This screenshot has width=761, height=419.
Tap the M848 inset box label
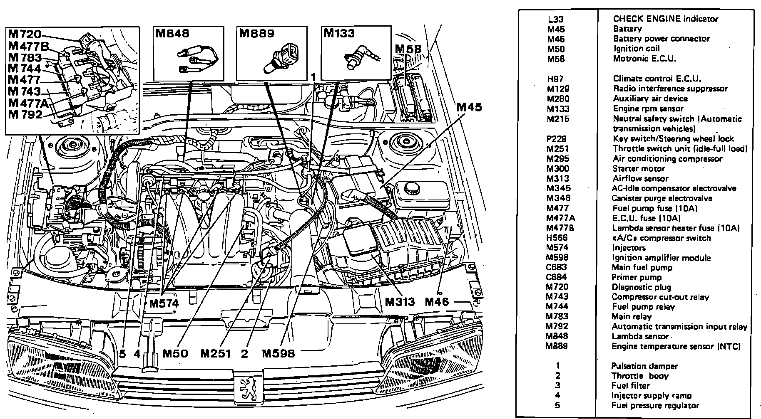click(172, 33)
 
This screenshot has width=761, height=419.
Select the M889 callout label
click(256, 33)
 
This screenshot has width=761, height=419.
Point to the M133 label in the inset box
click(339, 33)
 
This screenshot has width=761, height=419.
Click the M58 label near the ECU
click(408, 49)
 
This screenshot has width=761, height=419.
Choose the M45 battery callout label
click(469, 107)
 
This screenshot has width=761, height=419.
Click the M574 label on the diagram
click(164, 303)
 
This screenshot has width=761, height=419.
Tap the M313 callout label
click(400, 301)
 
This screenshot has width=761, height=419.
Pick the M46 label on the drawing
click(437, 301)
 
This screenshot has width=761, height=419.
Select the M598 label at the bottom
click(279, 353)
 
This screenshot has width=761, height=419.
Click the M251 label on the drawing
click(215, 353)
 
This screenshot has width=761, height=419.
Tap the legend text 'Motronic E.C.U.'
click(644, 59)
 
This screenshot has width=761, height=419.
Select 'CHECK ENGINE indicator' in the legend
click(665, 19)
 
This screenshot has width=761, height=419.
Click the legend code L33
click(556, 19)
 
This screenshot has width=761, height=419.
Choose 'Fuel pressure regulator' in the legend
click(655, 405)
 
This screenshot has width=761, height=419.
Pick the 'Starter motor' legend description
click(639, 168)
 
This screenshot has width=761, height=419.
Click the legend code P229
click(557, 139)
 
